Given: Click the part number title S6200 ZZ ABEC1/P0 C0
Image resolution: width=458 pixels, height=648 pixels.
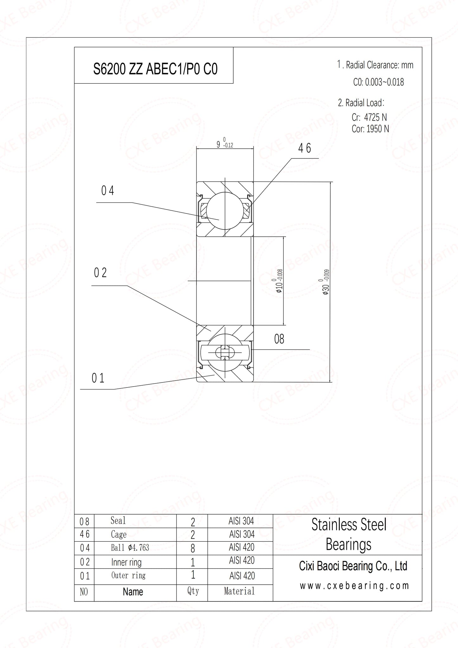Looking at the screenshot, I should pyautogui.click(x=155, y=69).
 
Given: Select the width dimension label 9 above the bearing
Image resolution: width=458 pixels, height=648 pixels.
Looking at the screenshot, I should pyautogui.click(x=218, y=145).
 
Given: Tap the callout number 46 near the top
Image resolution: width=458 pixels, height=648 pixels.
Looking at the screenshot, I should pyautogui.click(x=305, y=148).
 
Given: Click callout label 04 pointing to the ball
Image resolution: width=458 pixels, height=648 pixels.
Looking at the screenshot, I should pyautogui.click(x=107, y=191).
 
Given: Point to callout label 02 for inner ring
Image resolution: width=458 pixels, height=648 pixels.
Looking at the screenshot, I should pyautogui.click(x=100, y=273).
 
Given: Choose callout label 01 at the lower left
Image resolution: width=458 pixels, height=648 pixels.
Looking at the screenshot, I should pyautogui.click(x=98, y=378).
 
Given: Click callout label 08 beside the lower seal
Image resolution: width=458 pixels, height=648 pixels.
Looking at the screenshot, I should pyautogui.click(x=279, y=339).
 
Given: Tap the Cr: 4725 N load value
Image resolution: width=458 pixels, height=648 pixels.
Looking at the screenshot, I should pyautogui.click(x=369, y=117).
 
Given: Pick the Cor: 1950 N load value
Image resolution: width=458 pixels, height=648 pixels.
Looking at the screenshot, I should pyautogui.click(x=370, y=129).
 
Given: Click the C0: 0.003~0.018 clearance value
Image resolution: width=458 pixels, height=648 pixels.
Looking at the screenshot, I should pyautogui.click(x=378, y=82).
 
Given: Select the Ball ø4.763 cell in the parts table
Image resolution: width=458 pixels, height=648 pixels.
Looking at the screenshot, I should pyautogui.click(x=130, y=548).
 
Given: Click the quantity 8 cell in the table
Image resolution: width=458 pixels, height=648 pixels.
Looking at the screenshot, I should pyautogui.click(x=192, y=548).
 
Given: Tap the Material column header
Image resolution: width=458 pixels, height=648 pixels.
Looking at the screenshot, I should pyautogui.click(x=239, y=591).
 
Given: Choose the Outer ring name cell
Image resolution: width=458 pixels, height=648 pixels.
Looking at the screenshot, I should pyautogui.click(x=128, y=575).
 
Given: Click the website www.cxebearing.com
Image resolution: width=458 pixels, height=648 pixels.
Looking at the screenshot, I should pyautogui.click(x=354, y=586).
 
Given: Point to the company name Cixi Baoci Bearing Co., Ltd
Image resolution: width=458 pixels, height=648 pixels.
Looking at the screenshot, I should pyautogui.click(x=353, y=566).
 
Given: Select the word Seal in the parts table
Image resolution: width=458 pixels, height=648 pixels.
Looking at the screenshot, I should pyautogui.click(x=118, y=520).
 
